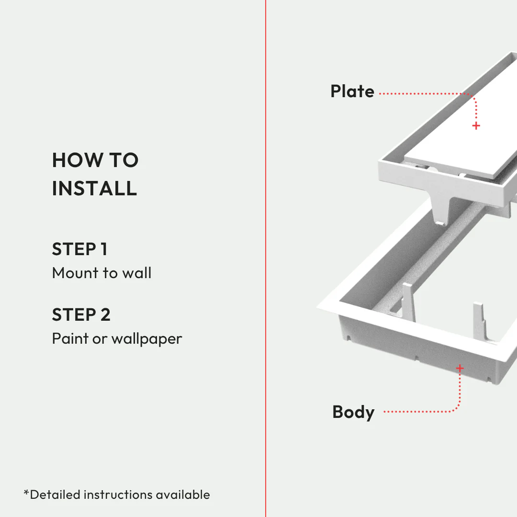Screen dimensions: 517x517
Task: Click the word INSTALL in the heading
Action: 94,189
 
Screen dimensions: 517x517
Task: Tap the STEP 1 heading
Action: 79,249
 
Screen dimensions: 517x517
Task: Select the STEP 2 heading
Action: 81,315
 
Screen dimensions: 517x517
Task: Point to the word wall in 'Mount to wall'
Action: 136,273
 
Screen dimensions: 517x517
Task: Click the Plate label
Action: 352,91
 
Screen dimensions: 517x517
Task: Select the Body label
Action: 353,412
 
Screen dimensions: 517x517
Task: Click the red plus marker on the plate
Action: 476,126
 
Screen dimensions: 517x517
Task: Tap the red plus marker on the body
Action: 460,368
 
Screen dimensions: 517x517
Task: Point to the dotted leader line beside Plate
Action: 421,94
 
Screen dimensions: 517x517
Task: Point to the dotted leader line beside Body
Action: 416,411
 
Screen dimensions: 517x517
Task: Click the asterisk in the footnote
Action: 26,493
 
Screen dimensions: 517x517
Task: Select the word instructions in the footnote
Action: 117,495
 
